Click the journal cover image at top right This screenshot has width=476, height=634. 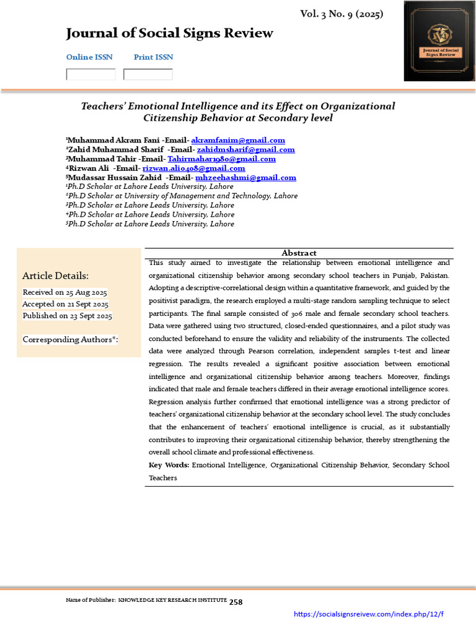[439, 41]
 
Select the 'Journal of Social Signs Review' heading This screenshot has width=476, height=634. [169, 33]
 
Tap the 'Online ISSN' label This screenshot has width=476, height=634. [89, 57]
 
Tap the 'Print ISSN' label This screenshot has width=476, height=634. [153, 57]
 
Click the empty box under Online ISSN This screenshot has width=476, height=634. [90, 74]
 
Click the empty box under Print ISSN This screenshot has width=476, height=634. [148, 74]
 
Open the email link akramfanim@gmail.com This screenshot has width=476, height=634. [238, 141]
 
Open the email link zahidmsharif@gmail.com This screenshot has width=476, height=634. [245, 150]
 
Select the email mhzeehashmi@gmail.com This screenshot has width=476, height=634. [245, 178]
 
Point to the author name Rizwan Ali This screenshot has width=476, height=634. [89, 168]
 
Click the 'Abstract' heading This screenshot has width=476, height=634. [299, 253]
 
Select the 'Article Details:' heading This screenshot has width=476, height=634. [56, 276]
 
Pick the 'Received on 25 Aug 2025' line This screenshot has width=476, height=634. [64, 292]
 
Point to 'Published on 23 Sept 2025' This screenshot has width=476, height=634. [67, 316]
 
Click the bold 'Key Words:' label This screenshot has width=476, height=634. [169, 465]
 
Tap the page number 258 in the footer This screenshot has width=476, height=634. [236, 602]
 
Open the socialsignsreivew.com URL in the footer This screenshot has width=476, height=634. [368, 614]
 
